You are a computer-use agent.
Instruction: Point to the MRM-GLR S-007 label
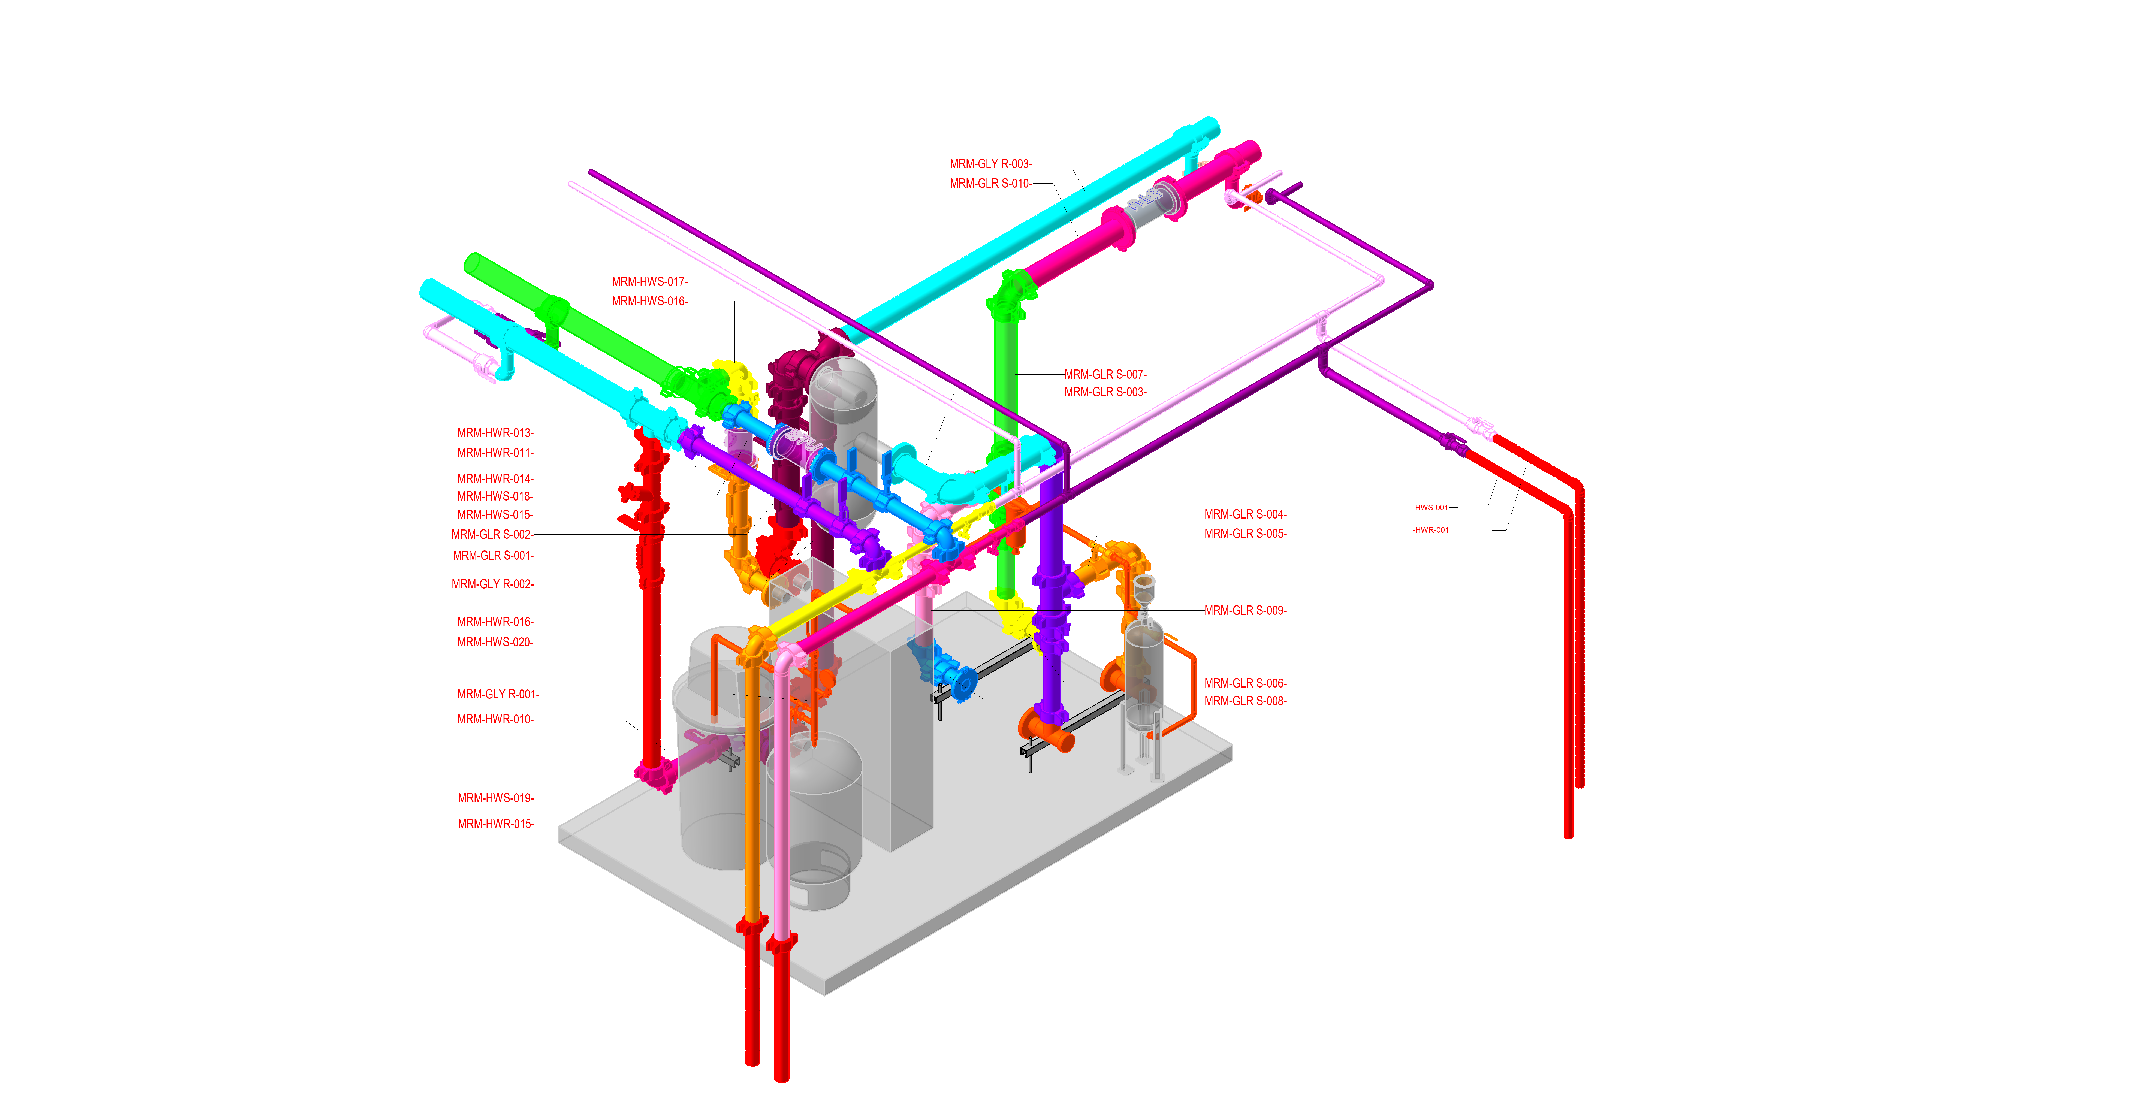coord(1105,374)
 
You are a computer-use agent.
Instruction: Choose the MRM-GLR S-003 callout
coord(1105,392)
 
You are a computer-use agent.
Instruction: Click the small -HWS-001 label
coord(1430,507)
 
